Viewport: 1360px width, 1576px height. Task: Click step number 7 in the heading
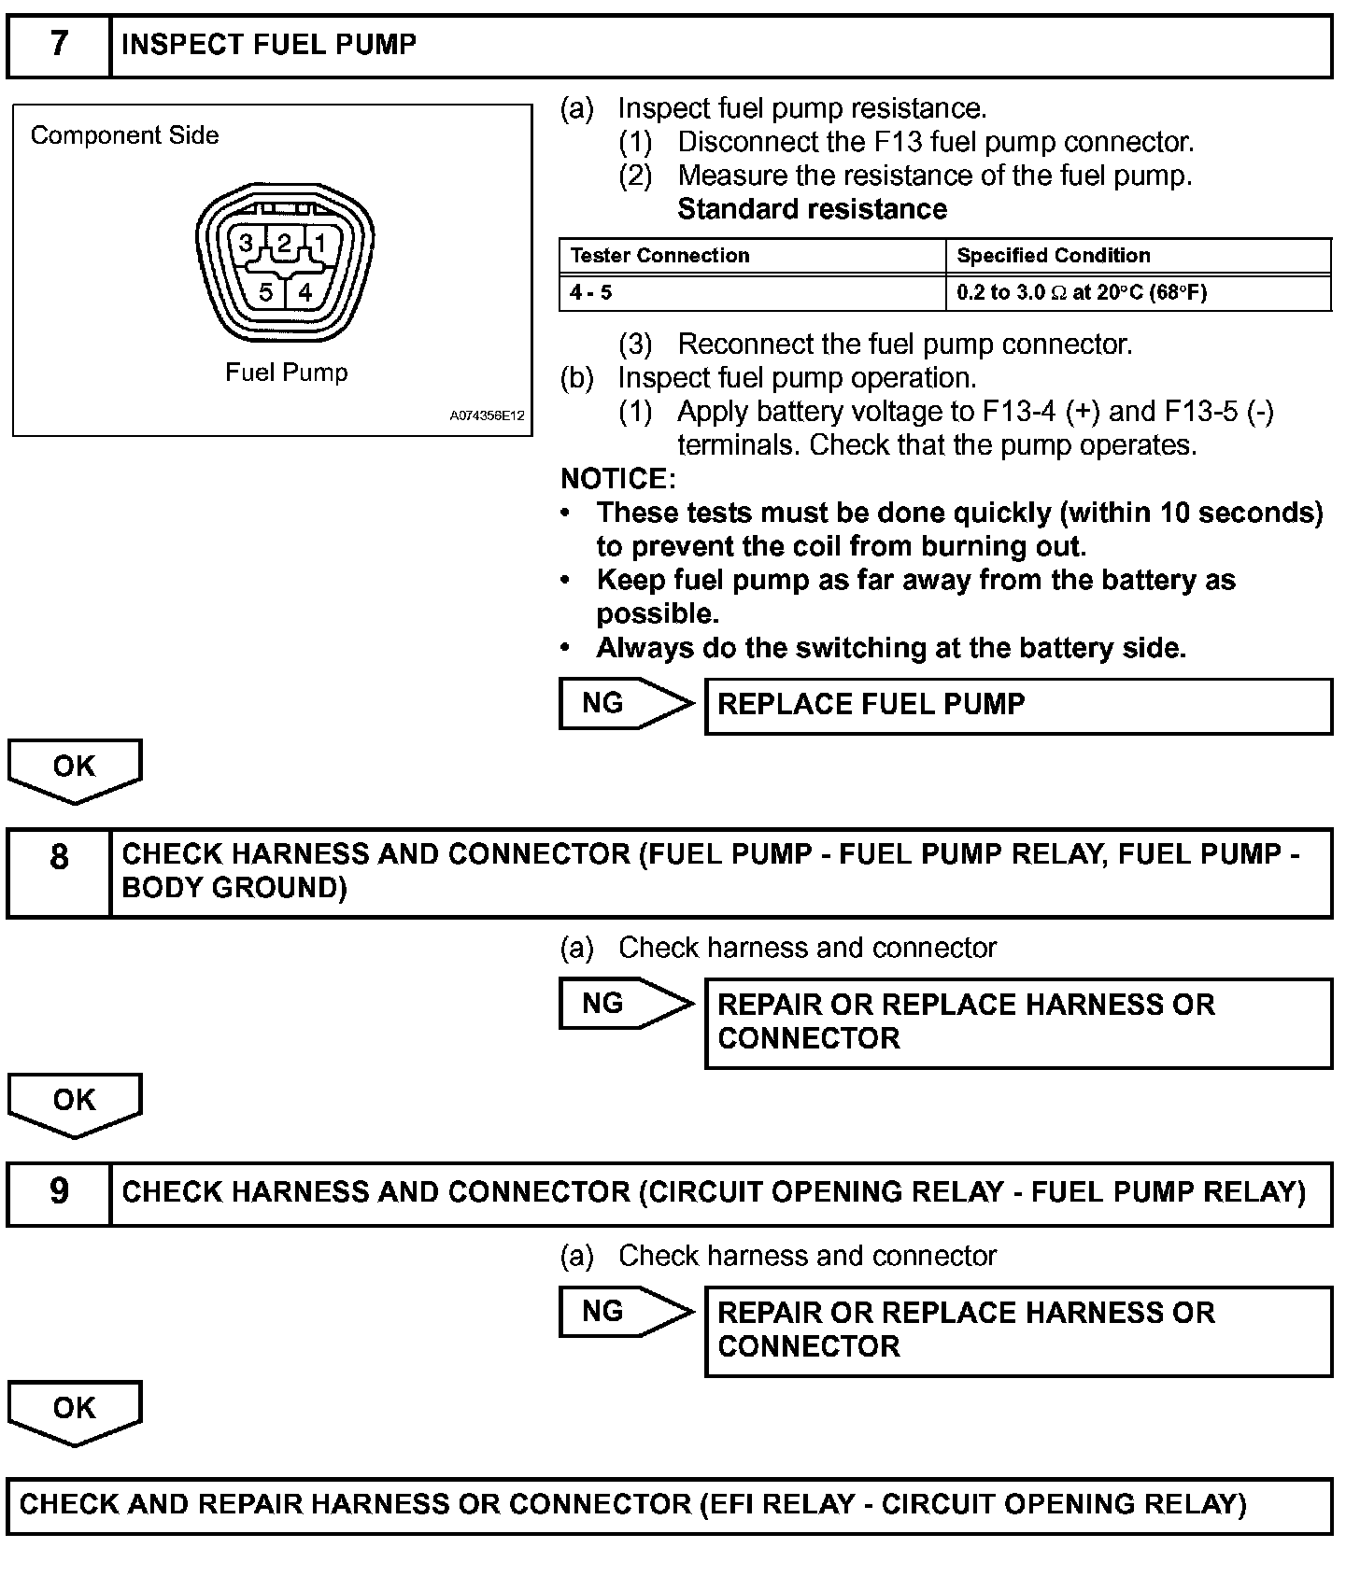[59, 45]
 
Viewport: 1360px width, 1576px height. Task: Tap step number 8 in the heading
[59, 856]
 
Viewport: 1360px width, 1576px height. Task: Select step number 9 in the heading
[59, 1191]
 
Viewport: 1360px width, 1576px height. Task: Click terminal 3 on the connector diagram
[246, 245]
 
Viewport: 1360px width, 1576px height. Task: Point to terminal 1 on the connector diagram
[320, 245]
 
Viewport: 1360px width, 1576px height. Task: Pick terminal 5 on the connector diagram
[266, 293]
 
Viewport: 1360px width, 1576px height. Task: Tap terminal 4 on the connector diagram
[305, 293]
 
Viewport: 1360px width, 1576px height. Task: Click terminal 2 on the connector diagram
[284, 245]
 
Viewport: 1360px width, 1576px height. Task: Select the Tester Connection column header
[659, 256]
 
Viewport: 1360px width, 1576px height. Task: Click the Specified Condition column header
[1054, 256]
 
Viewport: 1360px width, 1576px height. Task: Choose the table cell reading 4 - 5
[591, 293]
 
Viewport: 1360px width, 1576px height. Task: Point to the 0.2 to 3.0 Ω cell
[1082, 293]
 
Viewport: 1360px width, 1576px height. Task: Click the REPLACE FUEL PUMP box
[1018, 705]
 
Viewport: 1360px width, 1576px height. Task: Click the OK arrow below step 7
[75, 768]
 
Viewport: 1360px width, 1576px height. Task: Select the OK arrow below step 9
[75, 1410]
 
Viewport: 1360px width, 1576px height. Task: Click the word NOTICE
[617, 479]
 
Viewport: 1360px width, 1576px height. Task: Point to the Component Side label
[125, 135]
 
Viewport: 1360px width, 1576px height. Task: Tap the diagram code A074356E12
[487, 416]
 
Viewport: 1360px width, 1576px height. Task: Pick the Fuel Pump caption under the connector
[287, 373]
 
